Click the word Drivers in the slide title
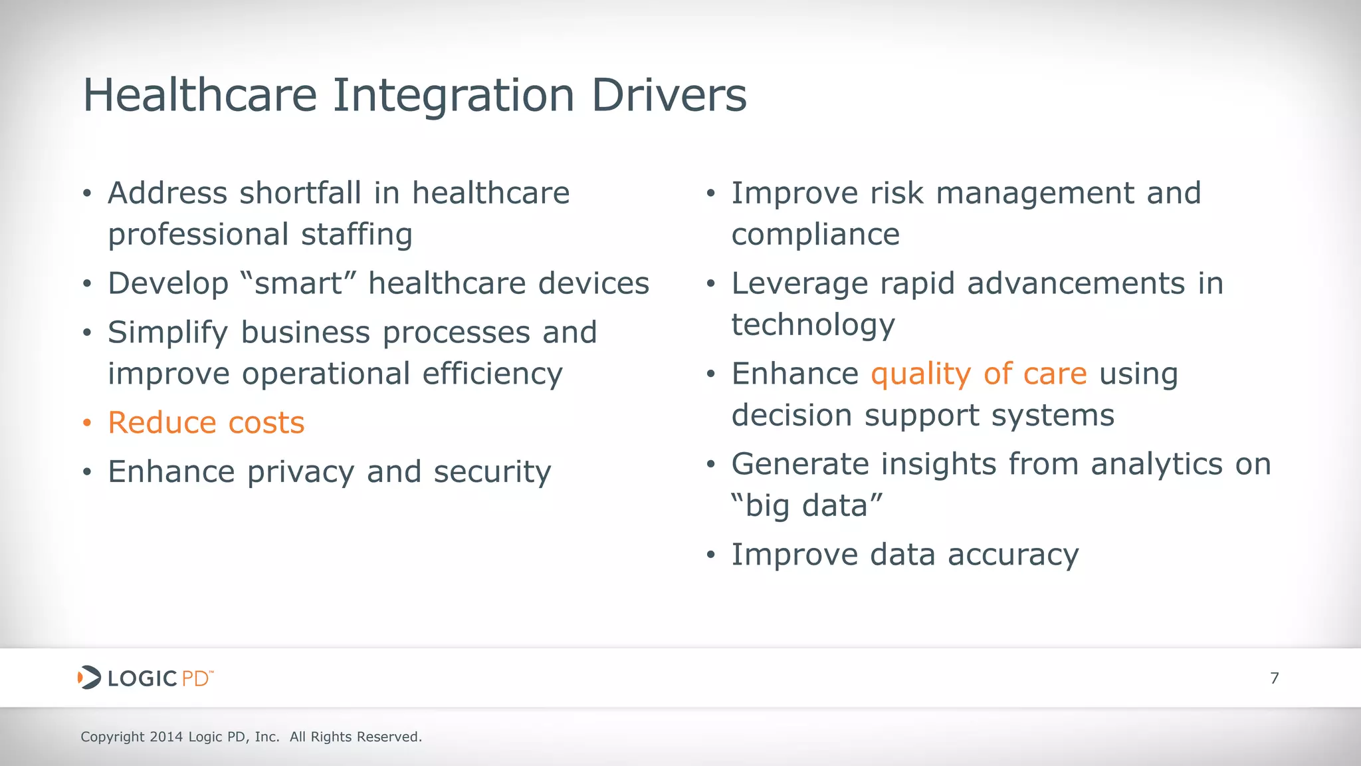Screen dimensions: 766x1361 669,95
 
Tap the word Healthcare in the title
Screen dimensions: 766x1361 199,95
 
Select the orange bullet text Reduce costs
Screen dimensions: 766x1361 206,423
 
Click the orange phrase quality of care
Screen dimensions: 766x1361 978,374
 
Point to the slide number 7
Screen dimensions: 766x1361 1274,678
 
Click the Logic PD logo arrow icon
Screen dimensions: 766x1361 89,678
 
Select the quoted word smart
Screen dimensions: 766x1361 298,284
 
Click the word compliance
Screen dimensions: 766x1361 815,235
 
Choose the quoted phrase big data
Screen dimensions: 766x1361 807,506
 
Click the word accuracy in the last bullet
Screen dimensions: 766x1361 1013,555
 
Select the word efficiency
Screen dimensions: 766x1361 492,374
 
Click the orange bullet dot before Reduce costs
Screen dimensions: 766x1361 87,424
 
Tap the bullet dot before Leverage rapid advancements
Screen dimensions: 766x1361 710,285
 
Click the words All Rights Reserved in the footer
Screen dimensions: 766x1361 356,737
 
